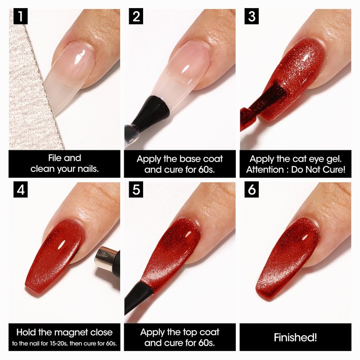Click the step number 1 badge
20,16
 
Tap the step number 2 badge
136,16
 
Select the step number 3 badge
252,16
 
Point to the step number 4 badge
20,189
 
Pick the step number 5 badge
136,189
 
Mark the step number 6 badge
252,189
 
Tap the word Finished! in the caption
295,337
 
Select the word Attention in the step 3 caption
265,170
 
